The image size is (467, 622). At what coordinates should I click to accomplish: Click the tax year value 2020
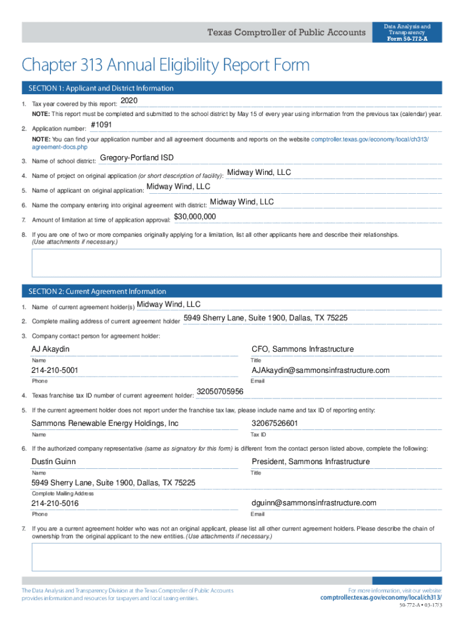click(129, 100)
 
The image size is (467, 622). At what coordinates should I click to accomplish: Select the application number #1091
click(101, 125)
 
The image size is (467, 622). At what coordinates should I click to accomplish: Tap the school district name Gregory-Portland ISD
click(136, 158)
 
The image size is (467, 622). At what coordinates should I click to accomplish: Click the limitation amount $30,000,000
click(195, 217)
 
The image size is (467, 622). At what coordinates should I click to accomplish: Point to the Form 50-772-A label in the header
click(407, 38)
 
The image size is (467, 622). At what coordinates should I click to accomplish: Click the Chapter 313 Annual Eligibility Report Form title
click(166, 65)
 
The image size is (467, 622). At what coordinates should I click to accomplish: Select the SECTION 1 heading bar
click(231, 88)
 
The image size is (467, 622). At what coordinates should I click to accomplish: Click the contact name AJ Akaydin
click(50, 349)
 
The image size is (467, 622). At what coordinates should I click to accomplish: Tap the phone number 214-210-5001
click(55, 371)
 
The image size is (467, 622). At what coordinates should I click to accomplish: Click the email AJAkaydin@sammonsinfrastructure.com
click(320, 371)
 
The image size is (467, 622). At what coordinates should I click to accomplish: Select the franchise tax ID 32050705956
click(220, 392)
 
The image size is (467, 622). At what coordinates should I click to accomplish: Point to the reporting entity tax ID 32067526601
click(275, 423)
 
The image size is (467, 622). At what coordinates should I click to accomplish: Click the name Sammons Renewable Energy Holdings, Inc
click(105, 423)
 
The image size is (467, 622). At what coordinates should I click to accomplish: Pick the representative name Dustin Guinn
click(53, 462)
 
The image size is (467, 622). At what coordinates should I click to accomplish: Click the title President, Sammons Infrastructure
click(311, 462)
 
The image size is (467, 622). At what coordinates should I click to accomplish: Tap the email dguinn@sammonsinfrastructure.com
click(314, 503)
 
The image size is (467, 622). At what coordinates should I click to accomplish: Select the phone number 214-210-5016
click(55, 504)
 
